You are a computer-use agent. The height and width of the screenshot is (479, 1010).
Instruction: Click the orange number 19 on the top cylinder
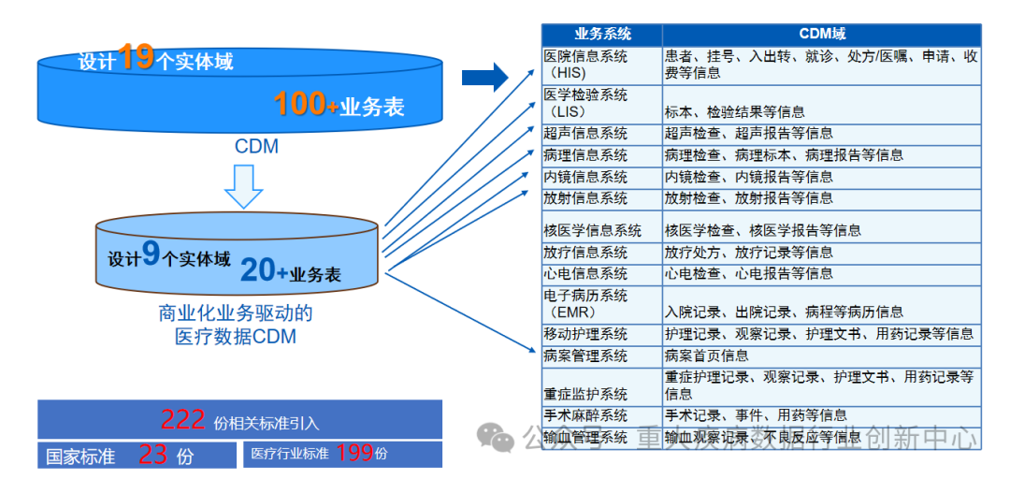tap(136, 58)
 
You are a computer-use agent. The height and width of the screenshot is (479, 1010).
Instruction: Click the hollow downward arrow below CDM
tap(243, 186)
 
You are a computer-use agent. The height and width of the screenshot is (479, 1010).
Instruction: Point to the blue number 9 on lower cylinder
tap(151, 256)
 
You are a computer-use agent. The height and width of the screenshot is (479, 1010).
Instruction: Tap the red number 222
tap(182, 420)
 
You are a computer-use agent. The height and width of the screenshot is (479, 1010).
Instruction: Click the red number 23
tap(153, 455)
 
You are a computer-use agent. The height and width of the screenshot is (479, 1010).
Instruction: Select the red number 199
tap(354, 453)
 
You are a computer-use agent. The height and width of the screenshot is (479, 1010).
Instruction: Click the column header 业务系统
tap(602, 35)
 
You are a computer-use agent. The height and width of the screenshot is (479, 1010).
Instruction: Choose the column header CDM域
tap(822, 35)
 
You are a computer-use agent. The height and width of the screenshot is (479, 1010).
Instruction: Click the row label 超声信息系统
tap(586, 134)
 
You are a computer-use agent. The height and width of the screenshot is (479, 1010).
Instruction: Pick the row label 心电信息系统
tap(586, 273)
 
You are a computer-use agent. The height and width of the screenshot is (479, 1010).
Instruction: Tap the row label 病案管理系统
tap(586, 356)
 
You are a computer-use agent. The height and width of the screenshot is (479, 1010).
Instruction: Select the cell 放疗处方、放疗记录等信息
tap(748, 252)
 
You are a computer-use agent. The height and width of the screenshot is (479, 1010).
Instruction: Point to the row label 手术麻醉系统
tap(586, 414)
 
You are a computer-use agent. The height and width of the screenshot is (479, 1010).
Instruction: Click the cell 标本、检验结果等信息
tap(734, 111)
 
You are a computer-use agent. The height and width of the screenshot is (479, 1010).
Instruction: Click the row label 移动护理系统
tap(586, 334)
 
